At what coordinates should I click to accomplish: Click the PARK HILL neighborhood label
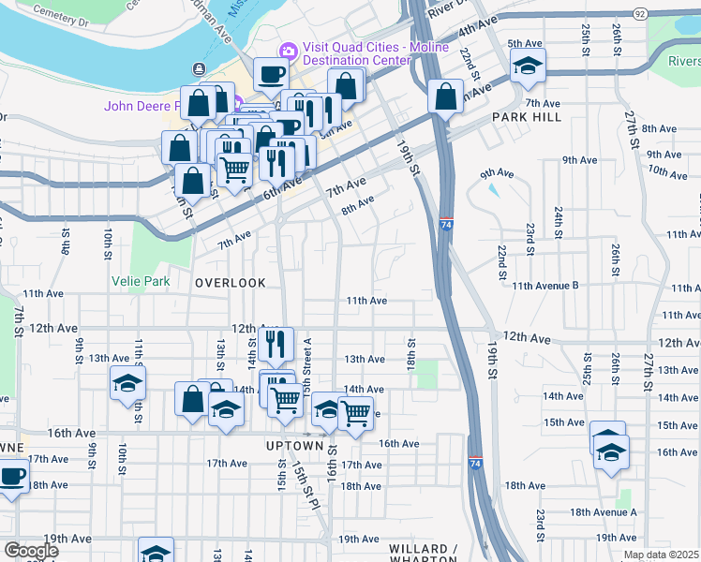pyautogui.click(x=527, y=117)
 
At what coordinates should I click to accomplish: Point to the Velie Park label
pyautogui.click(x=162, y=280)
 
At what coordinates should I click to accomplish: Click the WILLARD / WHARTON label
pyautogui.click(x=422, y=550)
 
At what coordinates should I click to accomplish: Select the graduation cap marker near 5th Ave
pyautogui.click(x=528, y=66)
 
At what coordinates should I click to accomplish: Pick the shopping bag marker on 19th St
pyautogui.click(x=445, y=96)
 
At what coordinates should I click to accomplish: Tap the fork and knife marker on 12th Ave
pyautogui.click(x=275, y=344)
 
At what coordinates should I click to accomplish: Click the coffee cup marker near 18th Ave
pyautogui.click(x=12, y=476)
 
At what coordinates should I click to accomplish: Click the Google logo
pyautogui.click(x=31, y=550)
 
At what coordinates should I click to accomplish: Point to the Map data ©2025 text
pyautogui.click(x=661, y=555)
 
